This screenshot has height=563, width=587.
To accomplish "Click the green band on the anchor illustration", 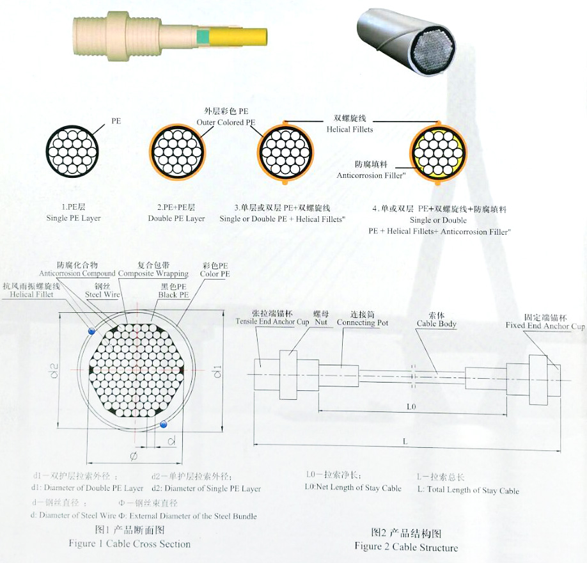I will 204,37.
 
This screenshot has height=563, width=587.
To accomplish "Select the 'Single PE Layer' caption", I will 73,218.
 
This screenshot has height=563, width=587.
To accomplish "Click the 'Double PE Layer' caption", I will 176,218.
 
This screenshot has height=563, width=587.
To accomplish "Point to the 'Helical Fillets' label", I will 350,129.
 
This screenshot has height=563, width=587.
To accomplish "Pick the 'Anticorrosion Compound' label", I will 86,274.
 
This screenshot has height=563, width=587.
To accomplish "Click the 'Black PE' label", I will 173,295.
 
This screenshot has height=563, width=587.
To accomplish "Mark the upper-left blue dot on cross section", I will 92,330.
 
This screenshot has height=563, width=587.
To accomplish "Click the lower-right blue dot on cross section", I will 164,424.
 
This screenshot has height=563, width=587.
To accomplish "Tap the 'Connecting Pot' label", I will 363,323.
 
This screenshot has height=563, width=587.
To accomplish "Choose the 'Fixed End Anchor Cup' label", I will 545,326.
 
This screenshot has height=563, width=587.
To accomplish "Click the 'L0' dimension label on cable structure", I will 411,406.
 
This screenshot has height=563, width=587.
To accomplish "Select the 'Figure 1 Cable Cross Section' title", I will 130,544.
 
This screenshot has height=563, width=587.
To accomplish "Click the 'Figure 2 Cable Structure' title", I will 406,547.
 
